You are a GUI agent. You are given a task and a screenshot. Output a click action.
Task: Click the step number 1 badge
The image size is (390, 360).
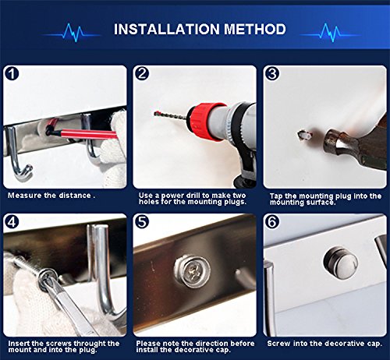tap(12, 74)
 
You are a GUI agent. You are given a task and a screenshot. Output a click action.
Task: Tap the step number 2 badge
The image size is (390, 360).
tap(142, 73)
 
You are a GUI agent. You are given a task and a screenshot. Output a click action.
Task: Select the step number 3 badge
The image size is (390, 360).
tap(272, 73)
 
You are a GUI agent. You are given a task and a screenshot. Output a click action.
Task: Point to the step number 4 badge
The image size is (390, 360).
tap(12, 221)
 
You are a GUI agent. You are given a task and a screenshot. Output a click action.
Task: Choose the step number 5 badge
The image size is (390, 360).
tap(142, 221)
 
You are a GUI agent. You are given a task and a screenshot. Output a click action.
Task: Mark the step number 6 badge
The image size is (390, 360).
tap(272, 221)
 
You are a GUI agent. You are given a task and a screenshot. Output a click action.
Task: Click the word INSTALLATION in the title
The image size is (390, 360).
tap(167, 29)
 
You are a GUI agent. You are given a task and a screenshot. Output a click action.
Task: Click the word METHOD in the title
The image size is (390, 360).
tap(255, 29)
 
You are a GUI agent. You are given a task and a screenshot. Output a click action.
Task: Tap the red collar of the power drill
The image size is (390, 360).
tap(207, 121)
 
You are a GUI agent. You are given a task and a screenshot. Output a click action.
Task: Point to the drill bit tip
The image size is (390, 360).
tap(155, 114)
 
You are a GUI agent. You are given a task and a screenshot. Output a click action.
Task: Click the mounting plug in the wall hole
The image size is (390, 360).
tap(304, 136)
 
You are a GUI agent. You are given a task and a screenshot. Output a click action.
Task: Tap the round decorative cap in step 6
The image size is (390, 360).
tap(340, 263)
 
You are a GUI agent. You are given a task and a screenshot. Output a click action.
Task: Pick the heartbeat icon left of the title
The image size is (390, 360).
tap(73, 33)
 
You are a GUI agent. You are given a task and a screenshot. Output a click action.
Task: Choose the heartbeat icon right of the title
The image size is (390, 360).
tap(330, 33)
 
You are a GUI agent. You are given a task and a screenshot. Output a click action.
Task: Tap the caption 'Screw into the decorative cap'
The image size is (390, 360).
tap(324, 344)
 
